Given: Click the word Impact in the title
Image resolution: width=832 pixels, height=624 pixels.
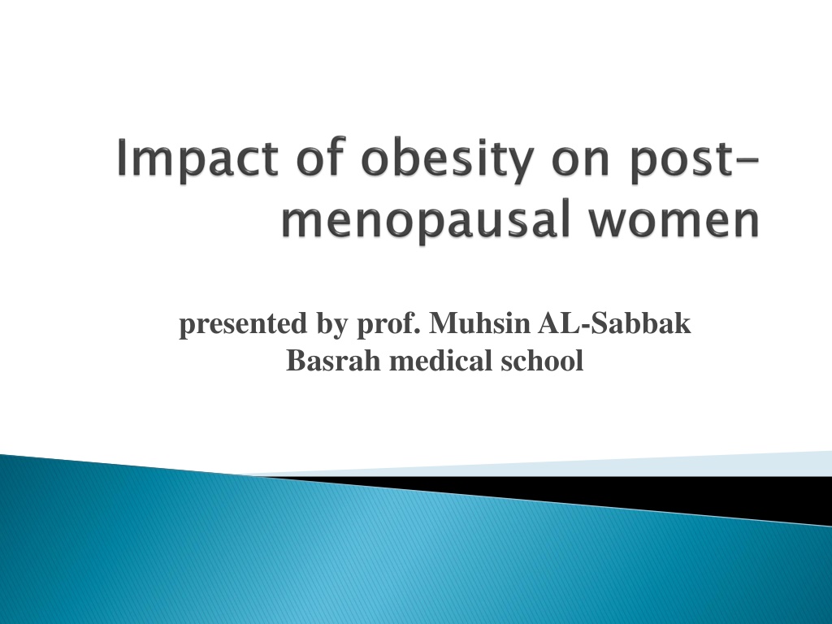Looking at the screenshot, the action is [x=197, y=158].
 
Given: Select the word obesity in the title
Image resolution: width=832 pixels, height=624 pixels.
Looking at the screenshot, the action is [x=447, y=158].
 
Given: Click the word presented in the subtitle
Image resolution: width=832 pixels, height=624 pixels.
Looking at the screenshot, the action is [x=243, y=325].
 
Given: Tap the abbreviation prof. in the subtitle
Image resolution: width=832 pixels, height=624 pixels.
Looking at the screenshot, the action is [x=388, y=325].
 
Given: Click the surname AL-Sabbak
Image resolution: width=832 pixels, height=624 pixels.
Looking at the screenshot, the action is [x=614, y=323].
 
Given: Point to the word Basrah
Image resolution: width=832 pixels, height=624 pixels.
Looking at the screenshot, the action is [x=334, y=360].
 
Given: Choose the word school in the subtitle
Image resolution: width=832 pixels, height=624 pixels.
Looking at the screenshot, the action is [x=542, y=360].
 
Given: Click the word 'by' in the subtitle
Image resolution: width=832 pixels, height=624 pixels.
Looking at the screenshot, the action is [x=332, y=325].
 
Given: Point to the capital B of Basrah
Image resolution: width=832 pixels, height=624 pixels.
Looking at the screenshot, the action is [x=295, y=360].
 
